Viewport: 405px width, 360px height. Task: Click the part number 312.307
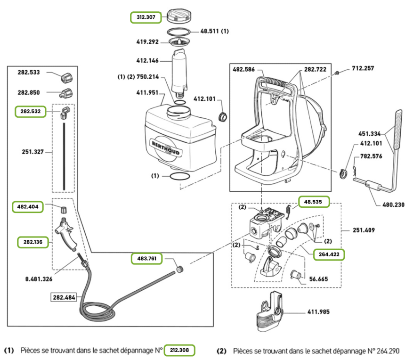[x=146, y=17]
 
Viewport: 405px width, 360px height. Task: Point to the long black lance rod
[x=64, y=155]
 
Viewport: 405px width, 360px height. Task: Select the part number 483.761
[x=147, y=258]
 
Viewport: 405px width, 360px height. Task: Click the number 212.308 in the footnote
[x=179, y=351]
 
